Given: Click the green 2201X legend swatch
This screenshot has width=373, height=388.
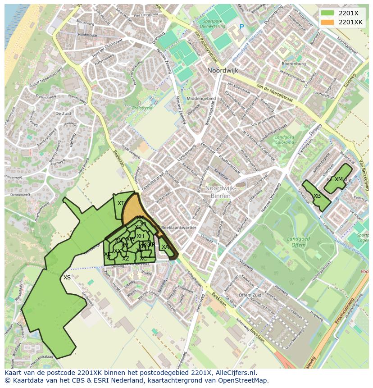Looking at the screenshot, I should [328, 13].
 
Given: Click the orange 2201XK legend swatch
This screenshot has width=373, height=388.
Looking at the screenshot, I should [328, 22].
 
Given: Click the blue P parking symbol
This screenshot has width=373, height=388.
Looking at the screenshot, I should [241, 27].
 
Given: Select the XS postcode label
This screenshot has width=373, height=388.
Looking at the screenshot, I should [67, 278].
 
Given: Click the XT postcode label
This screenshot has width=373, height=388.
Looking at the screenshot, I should [121, 203].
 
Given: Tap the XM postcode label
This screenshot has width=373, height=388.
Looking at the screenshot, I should [339, 179].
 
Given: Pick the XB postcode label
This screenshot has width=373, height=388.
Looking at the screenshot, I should [317, 196].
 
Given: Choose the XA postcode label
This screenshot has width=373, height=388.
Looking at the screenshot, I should [165, 247].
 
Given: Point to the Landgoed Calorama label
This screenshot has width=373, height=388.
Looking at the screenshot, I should [284, 140].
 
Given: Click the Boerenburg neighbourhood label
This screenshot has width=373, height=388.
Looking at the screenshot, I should [293, 64].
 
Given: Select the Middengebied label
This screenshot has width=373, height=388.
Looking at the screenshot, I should [201, 98].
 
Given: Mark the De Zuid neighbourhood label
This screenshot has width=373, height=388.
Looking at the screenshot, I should [64, 114].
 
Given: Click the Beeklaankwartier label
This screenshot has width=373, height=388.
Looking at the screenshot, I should [179, 228].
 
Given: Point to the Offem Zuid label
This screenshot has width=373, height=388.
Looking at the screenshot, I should [250, 295].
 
